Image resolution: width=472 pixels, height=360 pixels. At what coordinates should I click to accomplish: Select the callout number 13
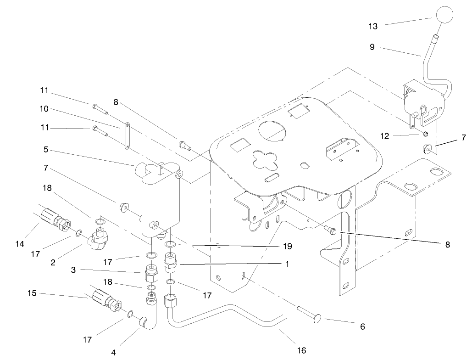click(373, 27)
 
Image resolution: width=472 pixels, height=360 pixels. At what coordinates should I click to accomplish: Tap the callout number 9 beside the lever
click(372, 47)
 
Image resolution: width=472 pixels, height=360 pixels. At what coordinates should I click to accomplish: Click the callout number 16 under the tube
click(301, 350)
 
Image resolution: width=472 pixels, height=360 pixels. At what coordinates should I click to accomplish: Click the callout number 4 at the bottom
click(113, 353)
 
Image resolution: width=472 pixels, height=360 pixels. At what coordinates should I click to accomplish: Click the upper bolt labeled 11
click(100, 109)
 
